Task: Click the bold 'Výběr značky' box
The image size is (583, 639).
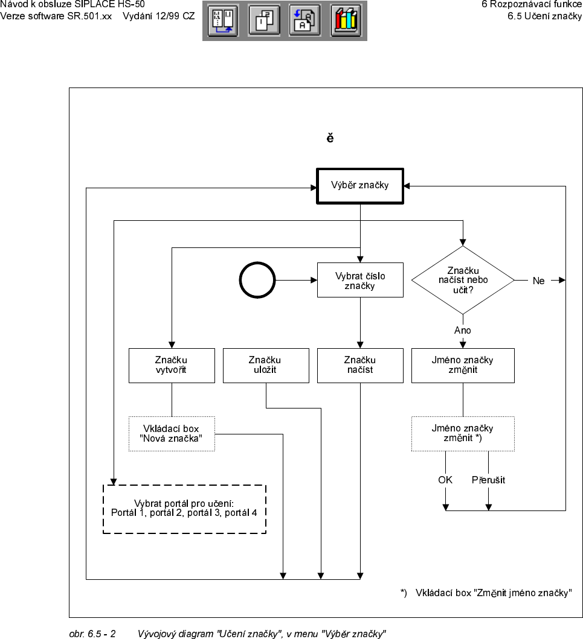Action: point(360,186)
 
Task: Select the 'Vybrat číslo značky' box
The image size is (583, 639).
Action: point(360,281)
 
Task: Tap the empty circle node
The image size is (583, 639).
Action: point(257,281)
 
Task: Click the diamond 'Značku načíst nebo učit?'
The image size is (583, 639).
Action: point(463,280)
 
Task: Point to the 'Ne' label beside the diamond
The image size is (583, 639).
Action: point(538,281)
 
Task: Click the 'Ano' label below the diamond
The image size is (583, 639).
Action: point(463,330)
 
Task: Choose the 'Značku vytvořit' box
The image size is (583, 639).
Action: point(172,365)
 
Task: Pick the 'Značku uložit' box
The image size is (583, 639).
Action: point(266,365)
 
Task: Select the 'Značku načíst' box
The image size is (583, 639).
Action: point(360,365)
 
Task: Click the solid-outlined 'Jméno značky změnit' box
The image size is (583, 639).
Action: point(463,365)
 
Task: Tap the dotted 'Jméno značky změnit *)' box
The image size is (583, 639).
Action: point(463,433)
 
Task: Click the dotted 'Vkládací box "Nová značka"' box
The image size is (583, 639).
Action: point(172,433)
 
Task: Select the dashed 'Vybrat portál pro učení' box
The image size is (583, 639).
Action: point(184,508)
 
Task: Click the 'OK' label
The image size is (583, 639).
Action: point(445,480)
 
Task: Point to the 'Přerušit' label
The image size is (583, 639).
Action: point(488,480)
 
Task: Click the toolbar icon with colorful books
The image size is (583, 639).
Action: point(346,21)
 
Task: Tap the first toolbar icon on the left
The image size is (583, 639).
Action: point(223,21)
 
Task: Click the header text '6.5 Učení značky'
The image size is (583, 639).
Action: point(544,16)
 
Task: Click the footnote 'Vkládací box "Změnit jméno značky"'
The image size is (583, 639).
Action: point(494,593)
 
